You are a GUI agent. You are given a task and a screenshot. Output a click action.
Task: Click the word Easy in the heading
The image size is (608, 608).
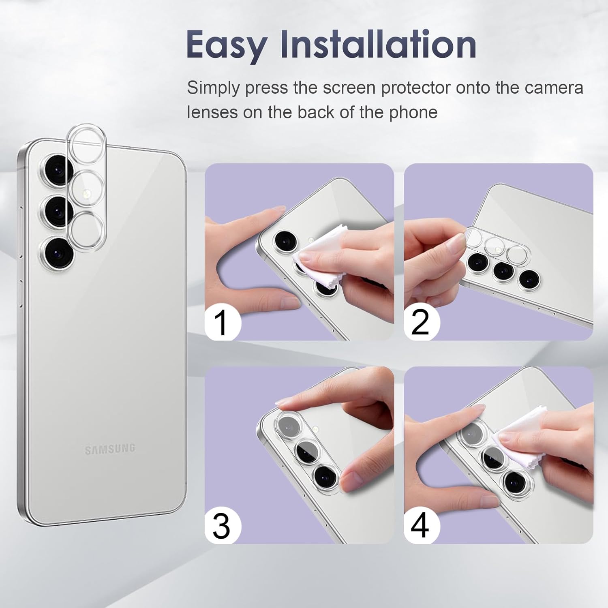227,46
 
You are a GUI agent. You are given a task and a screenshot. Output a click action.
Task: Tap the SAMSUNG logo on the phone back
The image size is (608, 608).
110,449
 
